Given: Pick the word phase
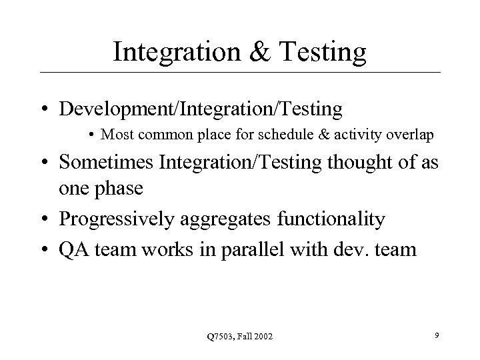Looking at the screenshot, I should point(117,189).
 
